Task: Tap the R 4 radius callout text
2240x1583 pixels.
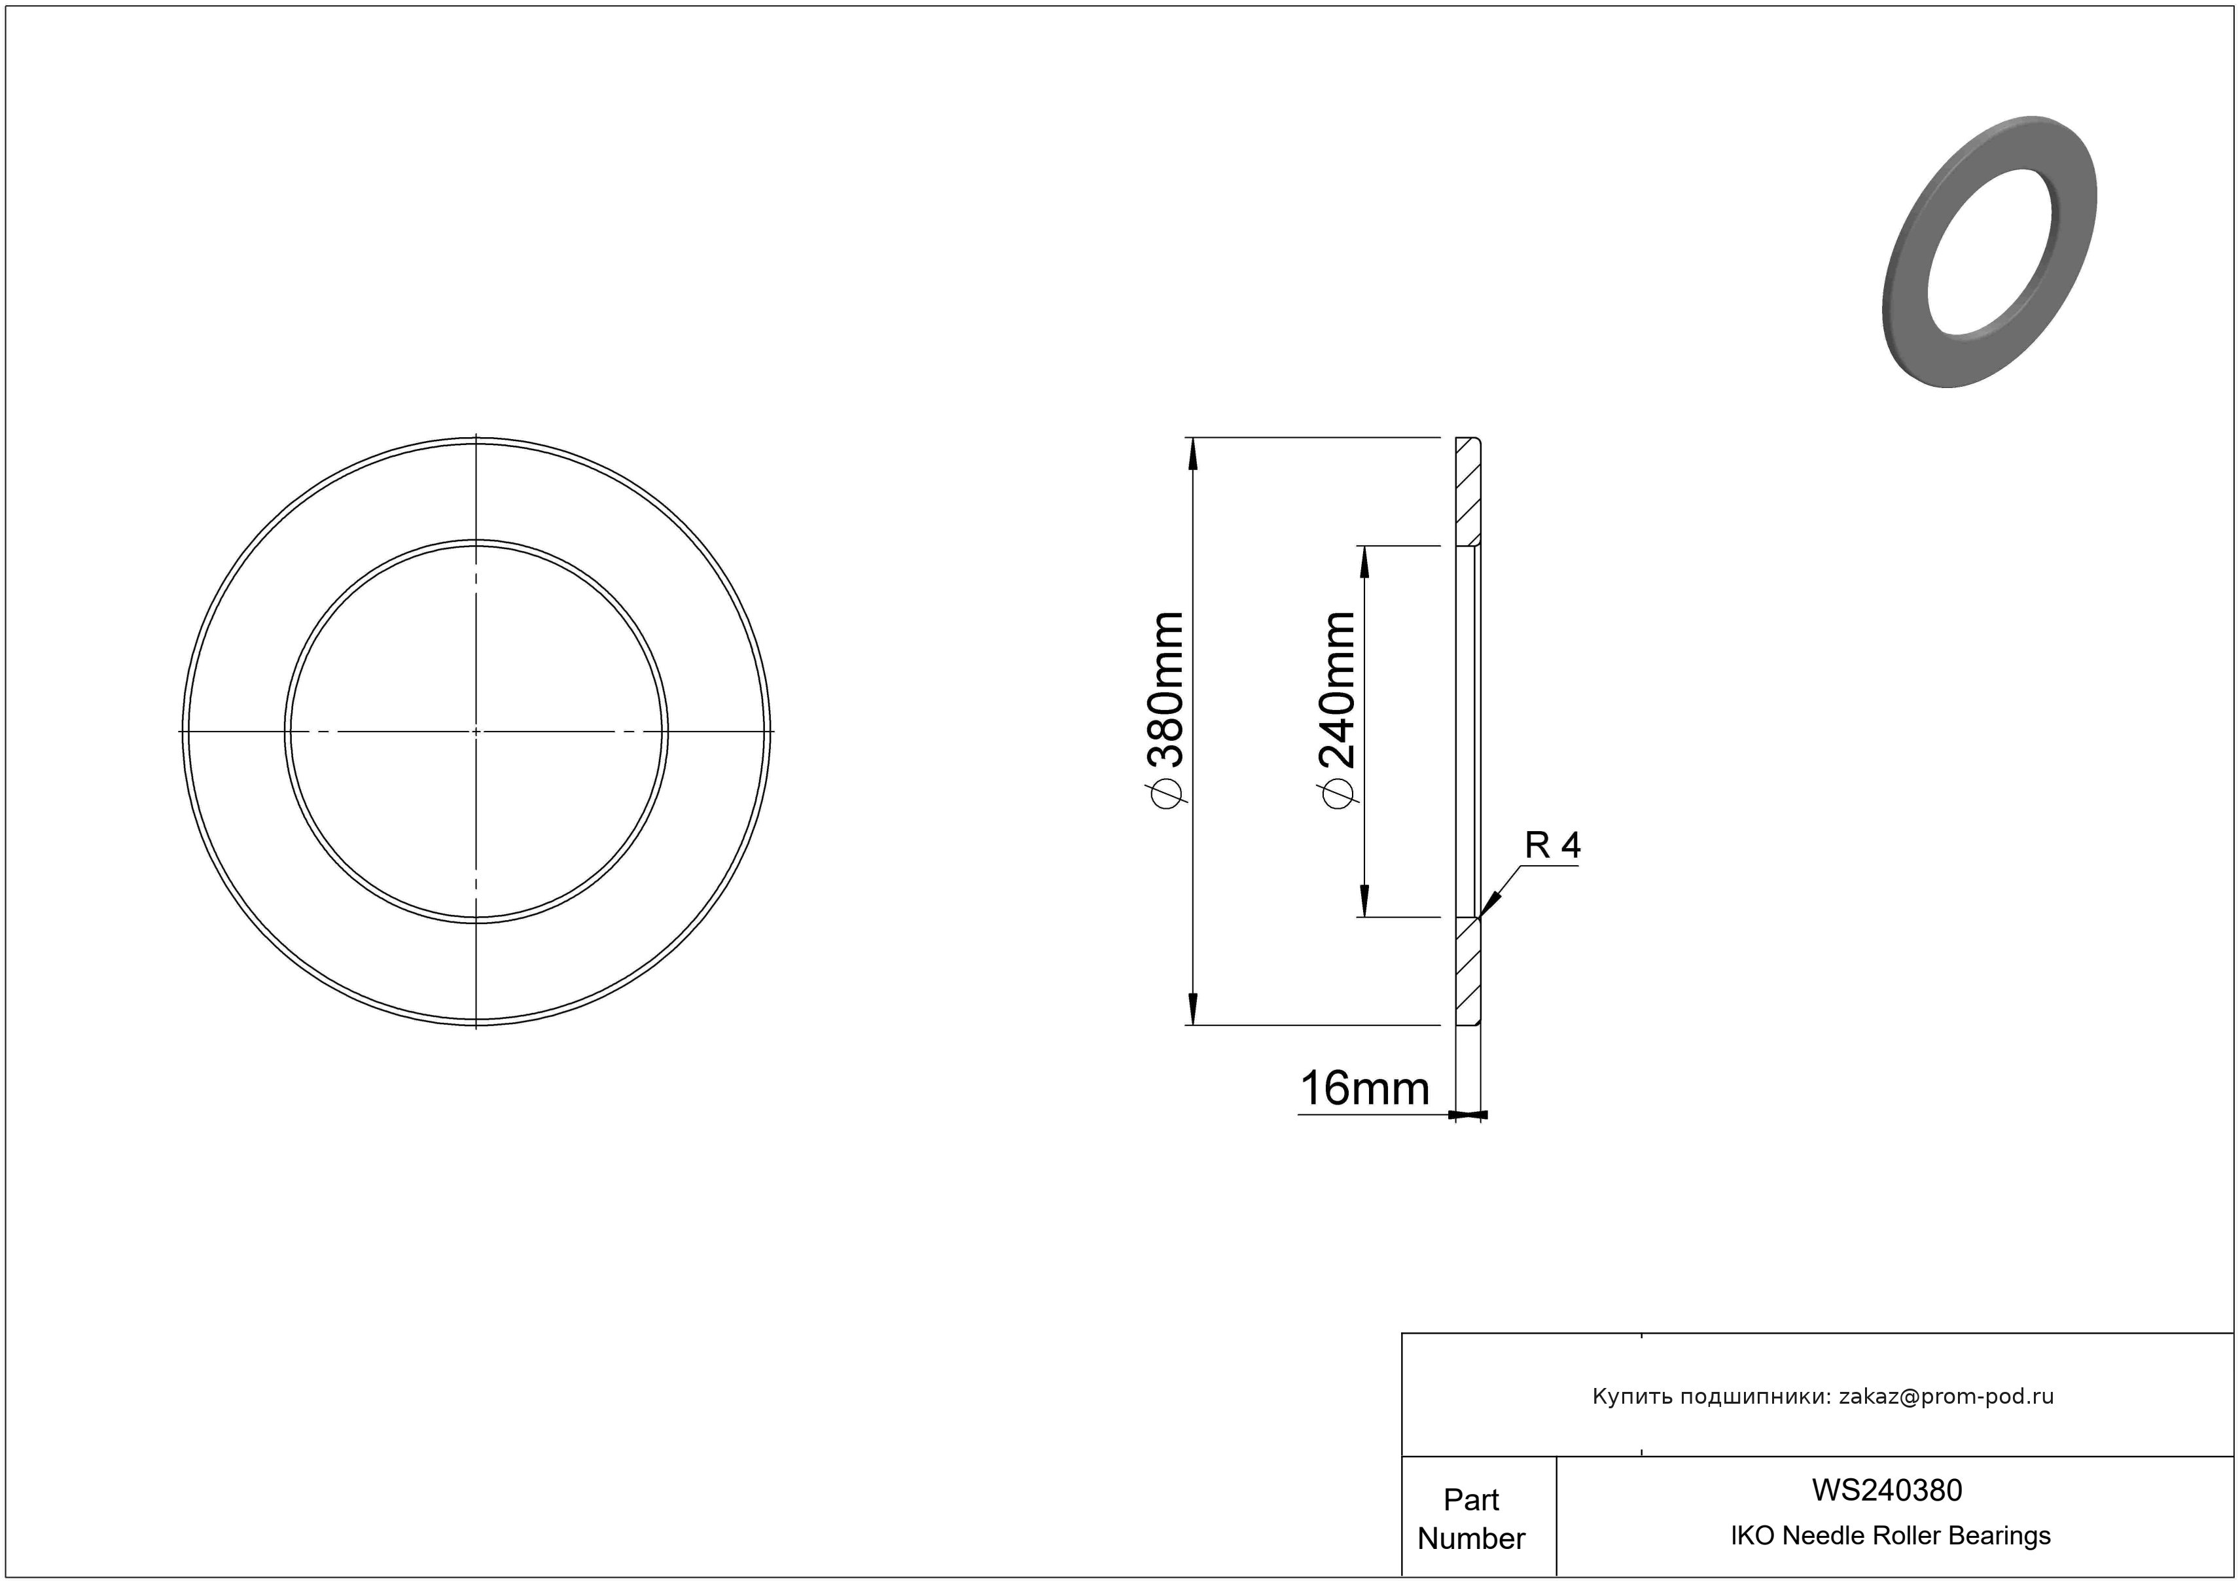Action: tap(1552, 845)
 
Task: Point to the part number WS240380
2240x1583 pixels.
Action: tap(1887, 1490)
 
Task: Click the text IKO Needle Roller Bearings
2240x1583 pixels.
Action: tap(1891, 1536)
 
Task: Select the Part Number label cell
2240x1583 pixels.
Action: tap(1471, 1519)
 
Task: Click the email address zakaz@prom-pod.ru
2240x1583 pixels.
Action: tap(1946, 1396)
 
